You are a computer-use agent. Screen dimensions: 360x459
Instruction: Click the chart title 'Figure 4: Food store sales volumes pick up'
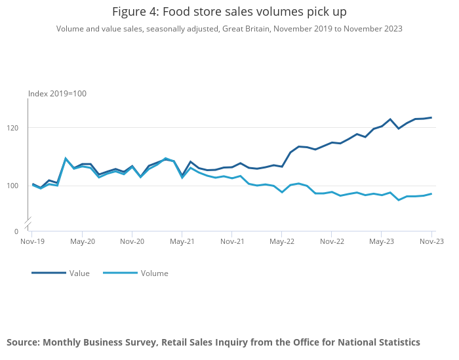coord(229,12)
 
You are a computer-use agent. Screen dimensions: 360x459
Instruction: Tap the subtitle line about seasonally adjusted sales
coord(229,29)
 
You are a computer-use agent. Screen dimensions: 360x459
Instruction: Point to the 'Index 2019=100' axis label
coord(57,94)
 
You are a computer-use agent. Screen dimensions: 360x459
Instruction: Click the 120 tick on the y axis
coord(19,127)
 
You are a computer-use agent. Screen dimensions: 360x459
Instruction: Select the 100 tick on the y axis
coord(19,186)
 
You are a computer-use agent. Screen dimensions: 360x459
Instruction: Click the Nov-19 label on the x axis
coord(31,241)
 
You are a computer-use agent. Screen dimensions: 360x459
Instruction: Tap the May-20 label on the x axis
coord(82,241)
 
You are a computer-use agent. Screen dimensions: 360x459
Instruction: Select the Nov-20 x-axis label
coord(132,241)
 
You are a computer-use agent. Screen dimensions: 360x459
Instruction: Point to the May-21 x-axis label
coord(182,241)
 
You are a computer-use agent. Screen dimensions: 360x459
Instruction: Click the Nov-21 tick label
coord(232,241)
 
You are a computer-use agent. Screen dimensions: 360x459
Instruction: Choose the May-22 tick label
coord(282,241)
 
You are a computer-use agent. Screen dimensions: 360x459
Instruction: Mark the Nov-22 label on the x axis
coord(332,241)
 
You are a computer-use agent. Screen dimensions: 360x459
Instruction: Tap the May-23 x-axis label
coord(382,241)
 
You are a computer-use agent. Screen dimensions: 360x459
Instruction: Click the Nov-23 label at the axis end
coord(431,241)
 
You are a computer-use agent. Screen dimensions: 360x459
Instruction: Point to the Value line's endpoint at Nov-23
coord(431,117)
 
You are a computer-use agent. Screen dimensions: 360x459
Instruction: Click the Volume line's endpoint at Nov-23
coord(431,193)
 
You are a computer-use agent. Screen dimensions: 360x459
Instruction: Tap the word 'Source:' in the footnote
coord(23,342)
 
